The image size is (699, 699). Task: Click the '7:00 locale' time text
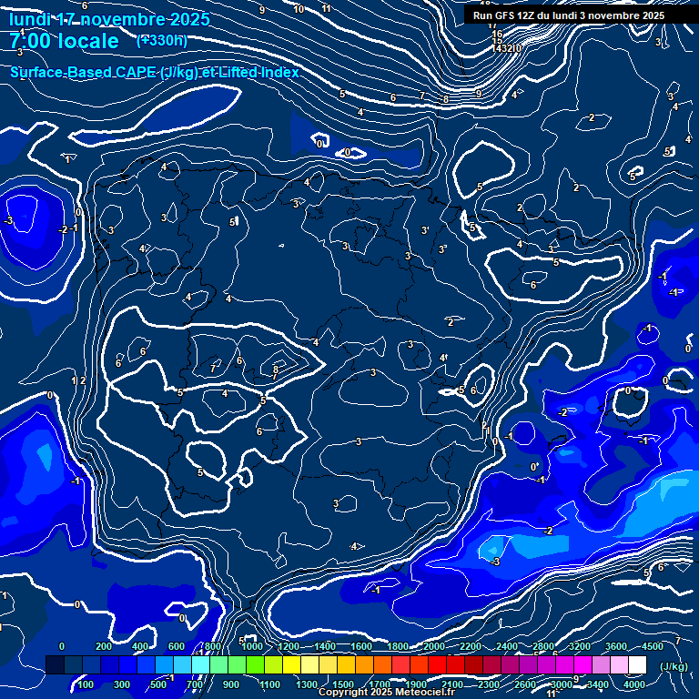coord(64,41)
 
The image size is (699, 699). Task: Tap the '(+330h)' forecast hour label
coord(162,40)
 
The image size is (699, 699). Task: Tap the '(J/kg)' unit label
coord(674,666)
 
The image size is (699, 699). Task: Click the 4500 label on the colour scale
coord(653,646)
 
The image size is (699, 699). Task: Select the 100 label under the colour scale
coord(86,684)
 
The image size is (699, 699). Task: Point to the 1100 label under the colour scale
coord(269,684)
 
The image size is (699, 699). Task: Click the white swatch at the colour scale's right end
coord(653,665)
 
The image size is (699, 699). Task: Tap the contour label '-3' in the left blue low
coord(8,221)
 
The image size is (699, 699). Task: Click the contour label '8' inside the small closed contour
coord(276,370)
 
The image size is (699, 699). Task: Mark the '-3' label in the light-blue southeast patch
coord(495,562)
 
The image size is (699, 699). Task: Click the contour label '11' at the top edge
coord(326,8)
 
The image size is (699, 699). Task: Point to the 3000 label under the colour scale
coord(562,684)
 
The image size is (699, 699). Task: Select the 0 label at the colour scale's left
coord(62,646)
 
